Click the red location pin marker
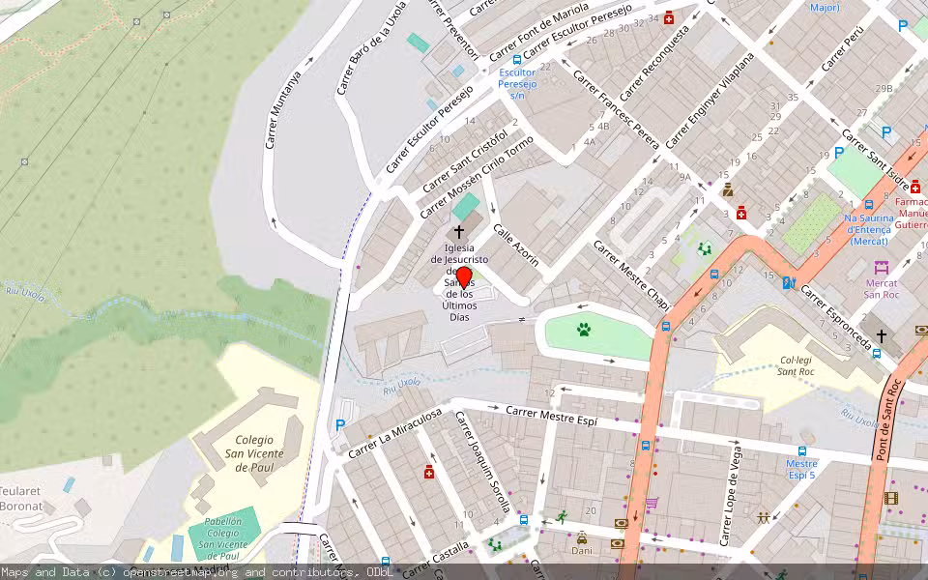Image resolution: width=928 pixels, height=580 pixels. point(464,276)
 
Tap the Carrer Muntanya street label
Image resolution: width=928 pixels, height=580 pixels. point(282,109)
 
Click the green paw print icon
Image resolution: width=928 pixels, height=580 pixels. point(584,330)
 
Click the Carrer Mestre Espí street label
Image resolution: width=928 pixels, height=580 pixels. point(551,417)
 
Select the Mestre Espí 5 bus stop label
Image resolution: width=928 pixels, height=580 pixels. point(801,469)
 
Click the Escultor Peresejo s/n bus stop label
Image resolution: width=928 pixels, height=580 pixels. point(516,83)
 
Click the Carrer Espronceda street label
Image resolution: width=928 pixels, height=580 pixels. point(837,317)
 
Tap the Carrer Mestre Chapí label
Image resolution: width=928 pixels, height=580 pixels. point(631,275)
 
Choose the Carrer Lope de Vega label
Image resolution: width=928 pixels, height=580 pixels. point(732,496)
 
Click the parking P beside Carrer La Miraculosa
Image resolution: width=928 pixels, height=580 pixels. point(339,424)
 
